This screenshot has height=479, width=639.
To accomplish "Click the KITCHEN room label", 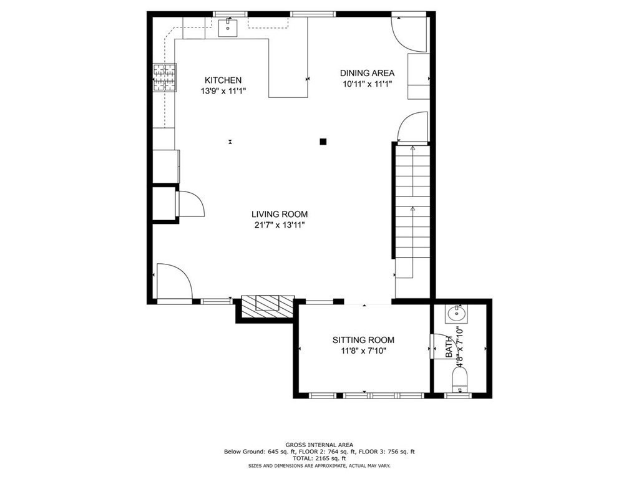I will (x=223, y=80).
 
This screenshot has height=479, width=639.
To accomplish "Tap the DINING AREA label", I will (x=367, y=73).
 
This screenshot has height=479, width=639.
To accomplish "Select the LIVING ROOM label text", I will (x=280, y=214).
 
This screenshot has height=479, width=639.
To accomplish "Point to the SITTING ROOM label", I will (x=363, y=340).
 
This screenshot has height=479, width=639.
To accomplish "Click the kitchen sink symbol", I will (x=229, y=26).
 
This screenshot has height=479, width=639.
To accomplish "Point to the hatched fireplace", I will (x=268, y=304).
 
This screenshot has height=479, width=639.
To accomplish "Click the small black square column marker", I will (x=323, y=142).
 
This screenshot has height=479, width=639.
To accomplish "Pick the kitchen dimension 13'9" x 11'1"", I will (x=223, y=91).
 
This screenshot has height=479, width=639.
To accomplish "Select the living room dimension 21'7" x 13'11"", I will (x=280, y=225).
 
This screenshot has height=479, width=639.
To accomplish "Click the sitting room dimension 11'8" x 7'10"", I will (x=363, y=351).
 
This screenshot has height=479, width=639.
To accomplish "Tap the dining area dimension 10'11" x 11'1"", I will (x=367, y=84).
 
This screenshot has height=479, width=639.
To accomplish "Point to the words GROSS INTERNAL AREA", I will (x=319, y=445).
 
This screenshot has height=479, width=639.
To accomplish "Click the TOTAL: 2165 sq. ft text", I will (x=319, y=458).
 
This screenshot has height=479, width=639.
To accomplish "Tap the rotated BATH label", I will (x=447, y=347).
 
